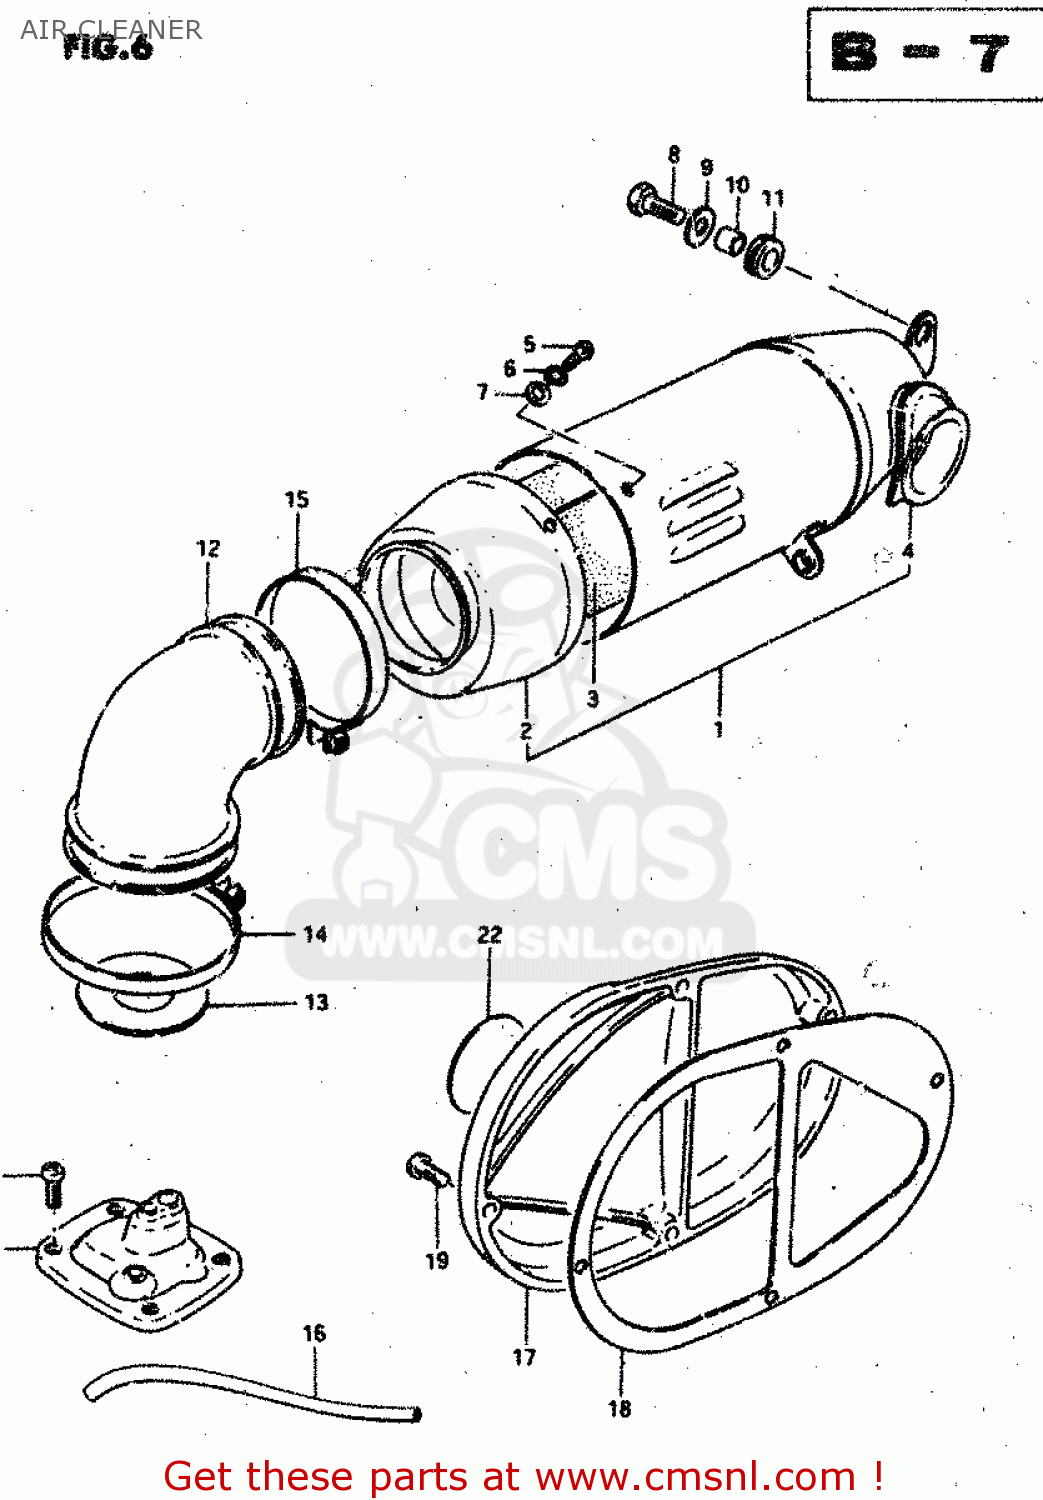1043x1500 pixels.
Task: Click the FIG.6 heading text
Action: (108, 48)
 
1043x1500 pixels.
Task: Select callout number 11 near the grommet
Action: (773, 198)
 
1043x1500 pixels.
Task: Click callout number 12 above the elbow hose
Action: (208, 548)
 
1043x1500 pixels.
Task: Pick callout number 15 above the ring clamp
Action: (297, 499)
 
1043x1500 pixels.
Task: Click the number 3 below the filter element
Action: (593, 698)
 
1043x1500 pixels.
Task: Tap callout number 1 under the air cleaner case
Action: (718, 728)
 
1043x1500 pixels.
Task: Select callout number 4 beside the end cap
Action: (907, 551)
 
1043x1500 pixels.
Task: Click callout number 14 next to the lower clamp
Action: (315, 934)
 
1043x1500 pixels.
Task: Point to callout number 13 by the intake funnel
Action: (316, 1002)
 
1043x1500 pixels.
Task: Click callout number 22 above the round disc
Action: (489, 935)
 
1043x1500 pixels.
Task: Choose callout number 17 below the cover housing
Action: (524, 1357)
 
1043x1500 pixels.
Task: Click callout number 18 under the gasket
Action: (619, 1408)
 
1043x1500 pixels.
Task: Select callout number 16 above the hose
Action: (314, 1333)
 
